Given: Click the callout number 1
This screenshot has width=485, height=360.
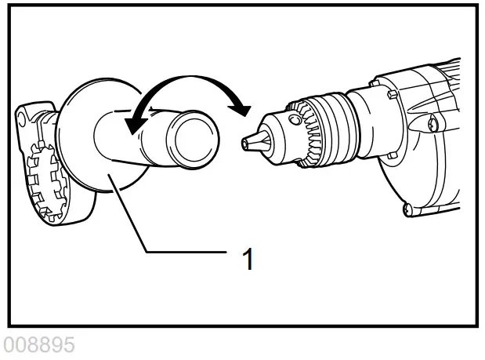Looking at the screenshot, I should [x=248, y=258].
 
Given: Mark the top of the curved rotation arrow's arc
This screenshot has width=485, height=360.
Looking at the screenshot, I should [x=188, y=78].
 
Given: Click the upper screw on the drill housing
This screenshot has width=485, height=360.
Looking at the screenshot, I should [x=433, y=123].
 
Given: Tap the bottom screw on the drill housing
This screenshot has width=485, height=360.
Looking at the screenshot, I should [x=407, y=208].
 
